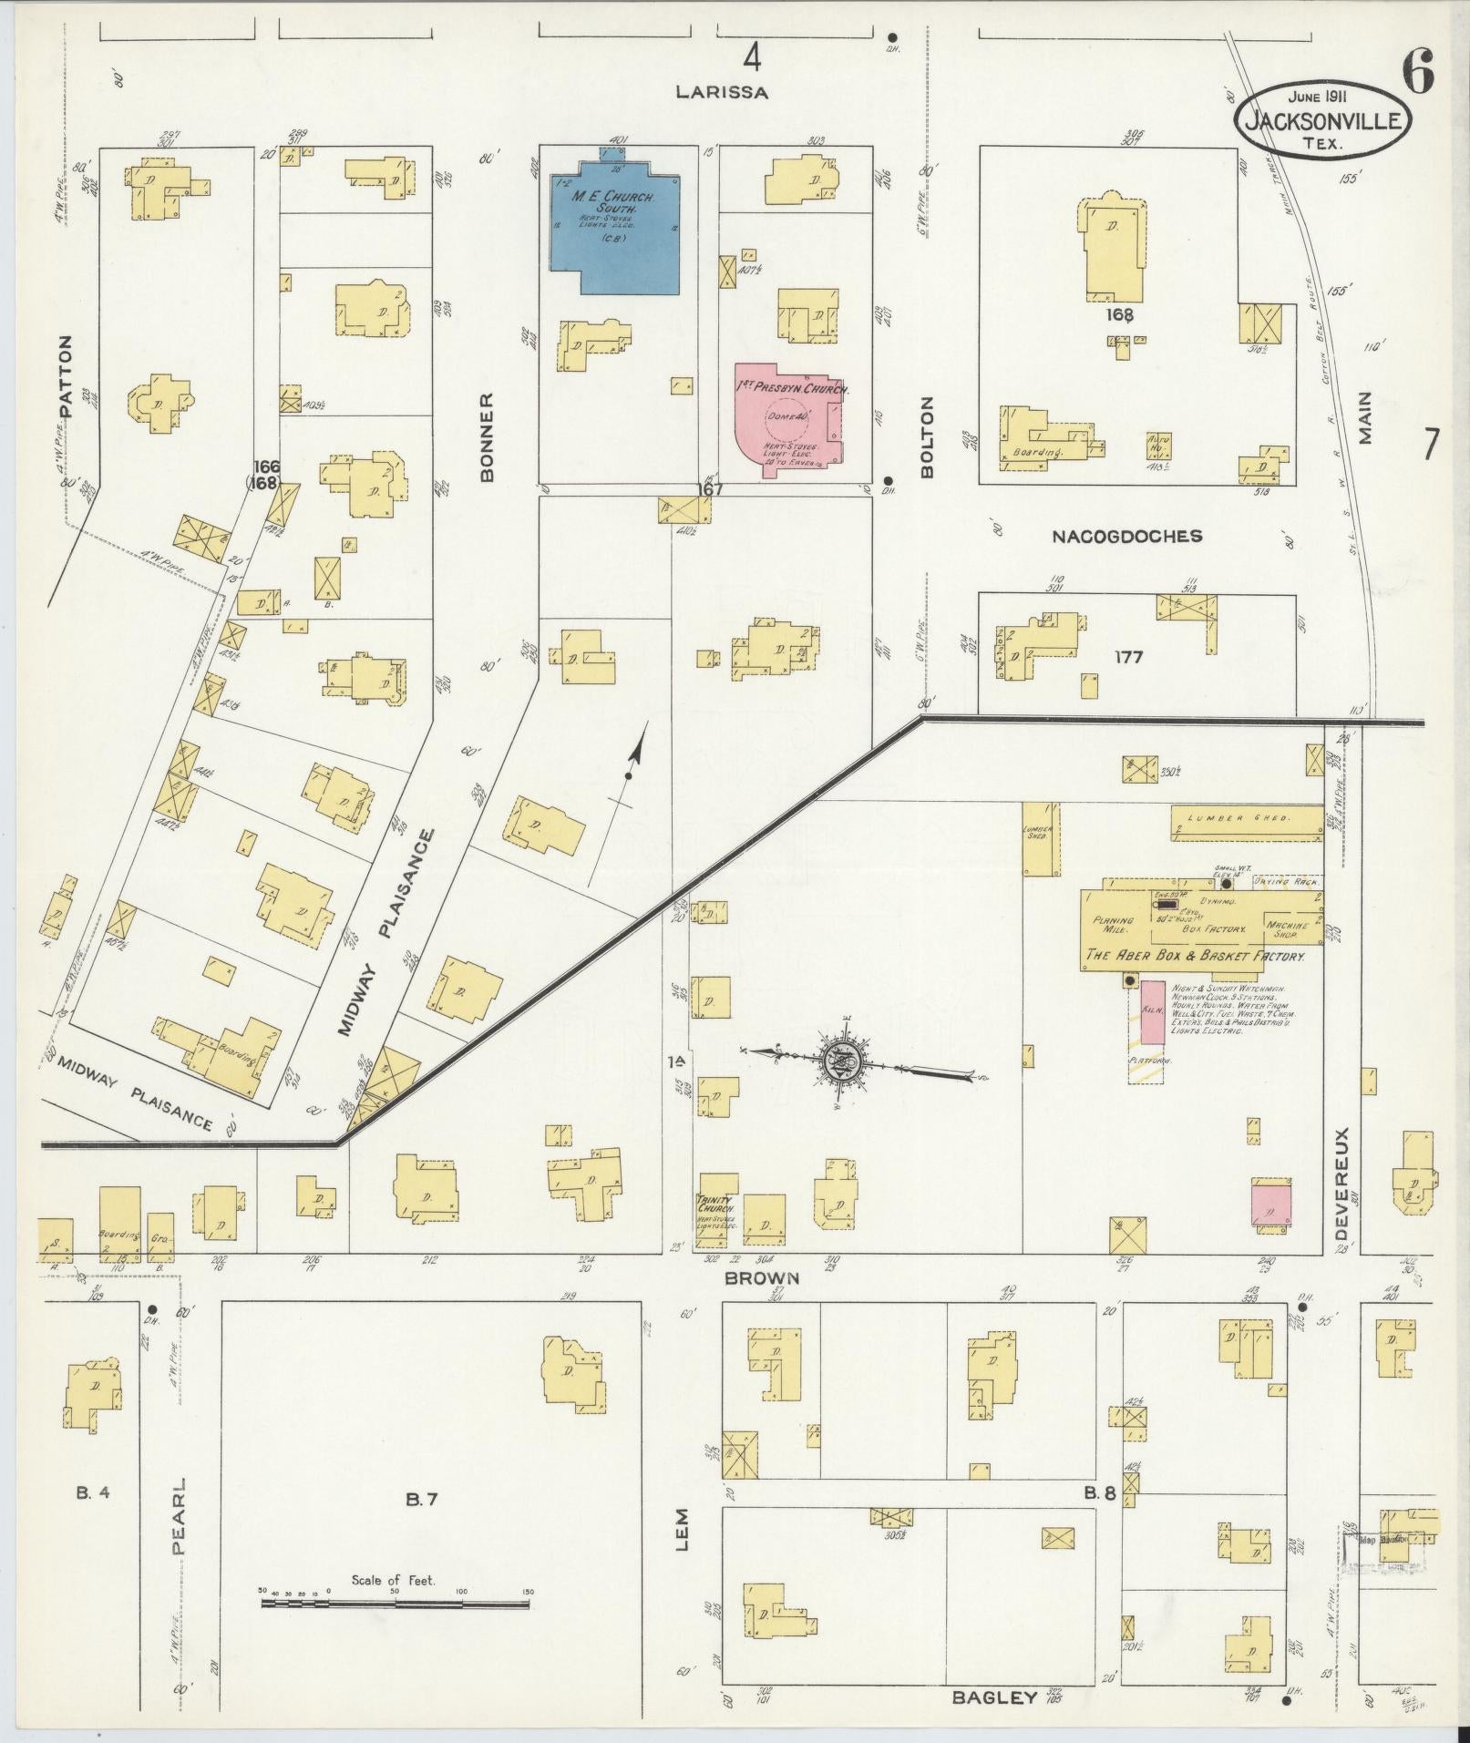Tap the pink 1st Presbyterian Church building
(x=788, y=419)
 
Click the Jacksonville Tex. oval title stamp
(x=1321, y=119)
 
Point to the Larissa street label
(x=723, y=92)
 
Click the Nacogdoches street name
(x=1126, y=537)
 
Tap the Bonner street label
(x=486, y=437)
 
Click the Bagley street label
(x=995, y=1697)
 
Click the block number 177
(x=1128, y=657)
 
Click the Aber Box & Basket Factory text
(x=1194, y=957)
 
